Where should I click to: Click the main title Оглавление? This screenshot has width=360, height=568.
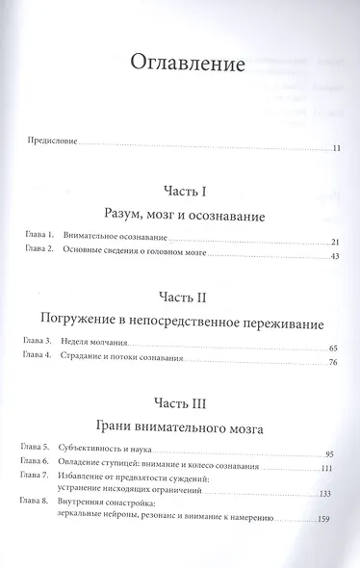179,65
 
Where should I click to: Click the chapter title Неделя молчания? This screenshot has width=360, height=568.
98,347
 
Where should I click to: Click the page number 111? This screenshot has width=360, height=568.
325,467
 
